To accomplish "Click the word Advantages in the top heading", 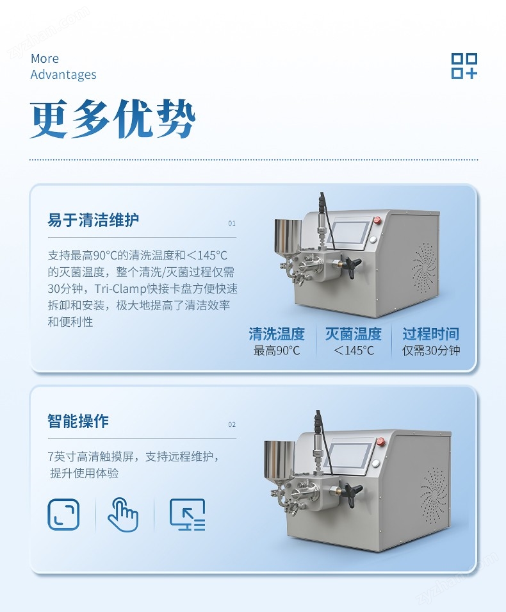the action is (63, 74).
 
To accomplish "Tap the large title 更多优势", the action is (112, 119).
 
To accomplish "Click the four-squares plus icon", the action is (464, 66).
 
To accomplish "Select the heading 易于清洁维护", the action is (94, 220).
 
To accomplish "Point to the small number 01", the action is (232, 223).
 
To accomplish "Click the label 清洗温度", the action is (277, 334).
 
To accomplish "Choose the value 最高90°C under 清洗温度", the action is (277, 351).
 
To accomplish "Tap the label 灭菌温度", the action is (354, 334).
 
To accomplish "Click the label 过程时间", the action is (430, 334).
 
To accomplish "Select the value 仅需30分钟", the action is (431, 351).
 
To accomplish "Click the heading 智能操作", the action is (78, 421).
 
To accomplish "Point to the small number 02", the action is (232, 425).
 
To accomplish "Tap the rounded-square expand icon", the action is (63, 515).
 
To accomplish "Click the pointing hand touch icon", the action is (123, 515).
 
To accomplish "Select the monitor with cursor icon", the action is (187, 515).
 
